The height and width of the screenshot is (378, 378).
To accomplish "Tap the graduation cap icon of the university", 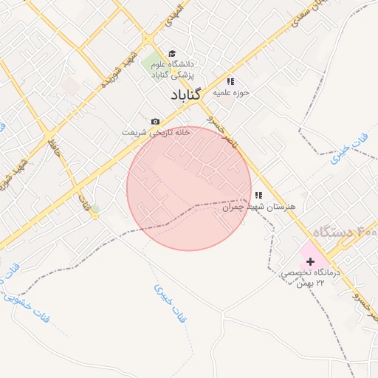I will pyautogui.click(x=172, y=53).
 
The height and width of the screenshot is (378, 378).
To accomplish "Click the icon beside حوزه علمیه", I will pyautogui.click(x=230, y=81).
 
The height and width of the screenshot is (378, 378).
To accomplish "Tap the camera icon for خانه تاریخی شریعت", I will pyautogui.click(x=155, y=121).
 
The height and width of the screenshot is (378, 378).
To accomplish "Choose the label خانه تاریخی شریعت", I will pyautogui.click(x=156, y=132).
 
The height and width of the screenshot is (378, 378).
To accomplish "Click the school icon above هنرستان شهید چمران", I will pyautogui.click(x=258, y=195).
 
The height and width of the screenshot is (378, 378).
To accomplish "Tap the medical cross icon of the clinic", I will pyautogui.click(x=310, y=261).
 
